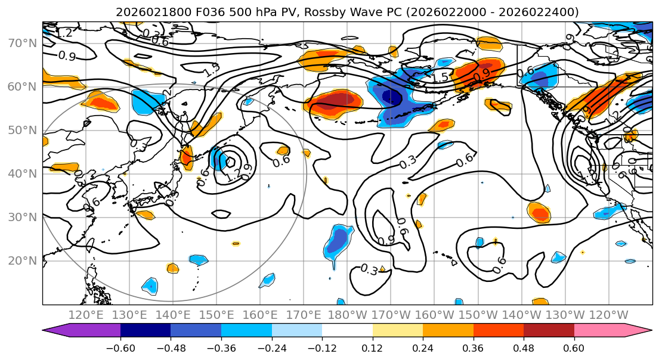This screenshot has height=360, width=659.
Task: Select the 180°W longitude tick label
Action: [348, 315]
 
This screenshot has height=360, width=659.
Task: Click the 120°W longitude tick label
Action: [609, 315]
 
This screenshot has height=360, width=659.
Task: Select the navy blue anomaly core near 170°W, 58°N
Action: [391, 97]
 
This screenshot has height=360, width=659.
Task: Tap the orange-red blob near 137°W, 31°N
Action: [539, 213]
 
